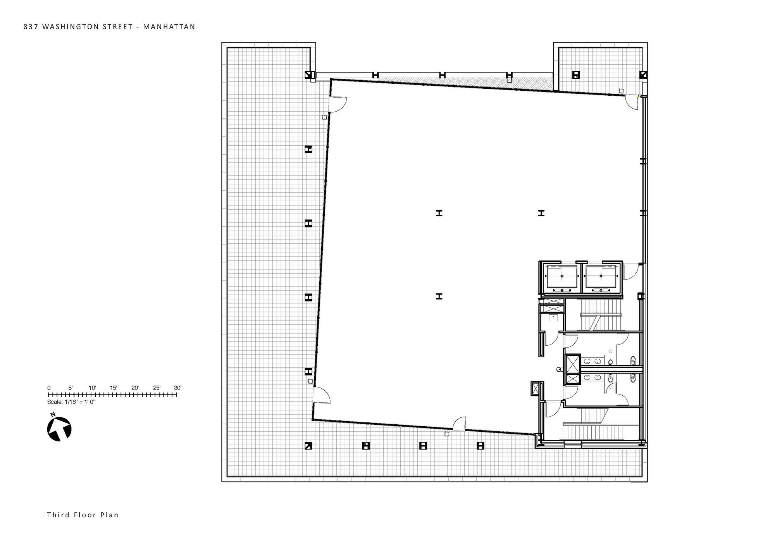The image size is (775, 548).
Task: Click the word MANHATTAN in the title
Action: (169, 27)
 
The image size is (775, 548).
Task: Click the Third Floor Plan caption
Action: (83, 515)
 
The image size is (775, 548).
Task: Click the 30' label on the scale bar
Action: (177, 388)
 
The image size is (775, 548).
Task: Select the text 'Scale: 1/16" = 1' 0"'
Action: (71, 402)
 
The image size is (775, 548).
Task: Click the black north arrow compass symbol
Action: (59, 429)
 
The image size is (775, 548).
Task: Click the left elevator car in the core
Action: (561, 276)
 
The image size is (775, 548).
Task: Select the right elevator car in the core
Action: (601, 276)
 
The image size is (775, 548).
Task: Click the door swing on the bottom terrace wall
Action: (460, 423)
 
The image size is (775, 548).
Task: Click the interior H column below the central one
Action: (439, 296)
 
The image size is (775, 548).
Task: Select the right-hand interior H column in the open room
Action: (541, 213)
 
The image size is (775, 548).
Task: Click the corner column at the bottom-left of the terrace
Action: (308, 446)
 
